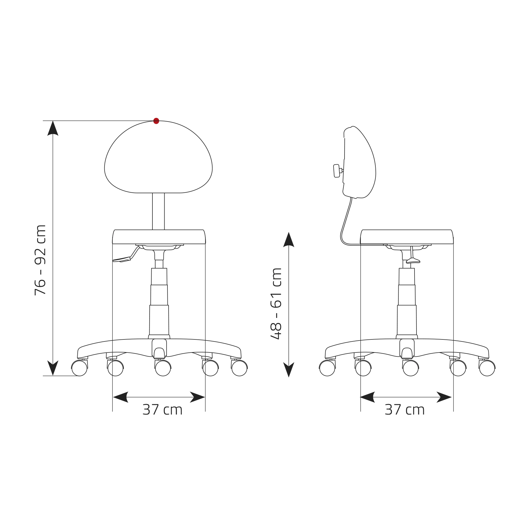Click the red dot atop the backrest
click(156, 121)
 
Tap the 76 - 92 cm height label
click(40, 260)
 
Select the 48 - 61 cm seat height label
click(276, 303)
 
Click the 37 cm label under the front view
click(162, 410)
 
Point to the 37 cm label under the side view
click(405, 410)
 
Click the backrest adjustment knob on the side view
click(337, 171)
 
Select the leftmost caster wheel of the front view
click(79, 368)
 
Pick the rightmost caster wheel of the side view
click(487, 368)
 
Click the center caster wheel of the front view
click(163, 368)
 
